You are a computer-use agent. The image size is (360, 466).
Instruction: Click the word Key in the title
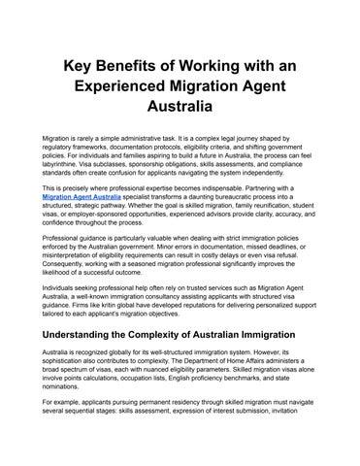pyautogui.click(x=81, y=65)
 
